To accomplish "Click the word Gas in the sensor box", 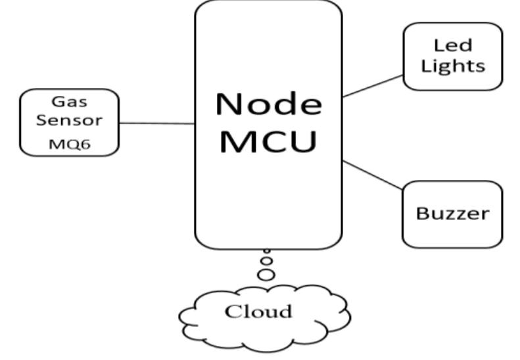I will tap(70, 103).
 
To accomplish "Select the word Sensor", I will tap(70, 122).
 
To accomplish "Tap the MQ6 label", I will tap(70, 143).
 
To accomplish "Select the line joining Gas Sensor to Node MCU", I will tap(156, 123).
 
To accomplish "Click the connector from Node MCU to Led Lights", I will tap(372, 85).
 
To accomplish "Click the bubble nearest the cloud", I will tap(266, 275).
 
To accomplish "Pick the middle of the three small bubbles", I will tap(266, 261).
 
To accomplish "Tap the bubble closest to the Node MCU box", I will tap(267, 252).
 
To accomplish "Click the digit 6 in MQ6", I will tap(83, 143).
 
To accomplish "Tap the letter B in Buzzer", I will tap(423, 214).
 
